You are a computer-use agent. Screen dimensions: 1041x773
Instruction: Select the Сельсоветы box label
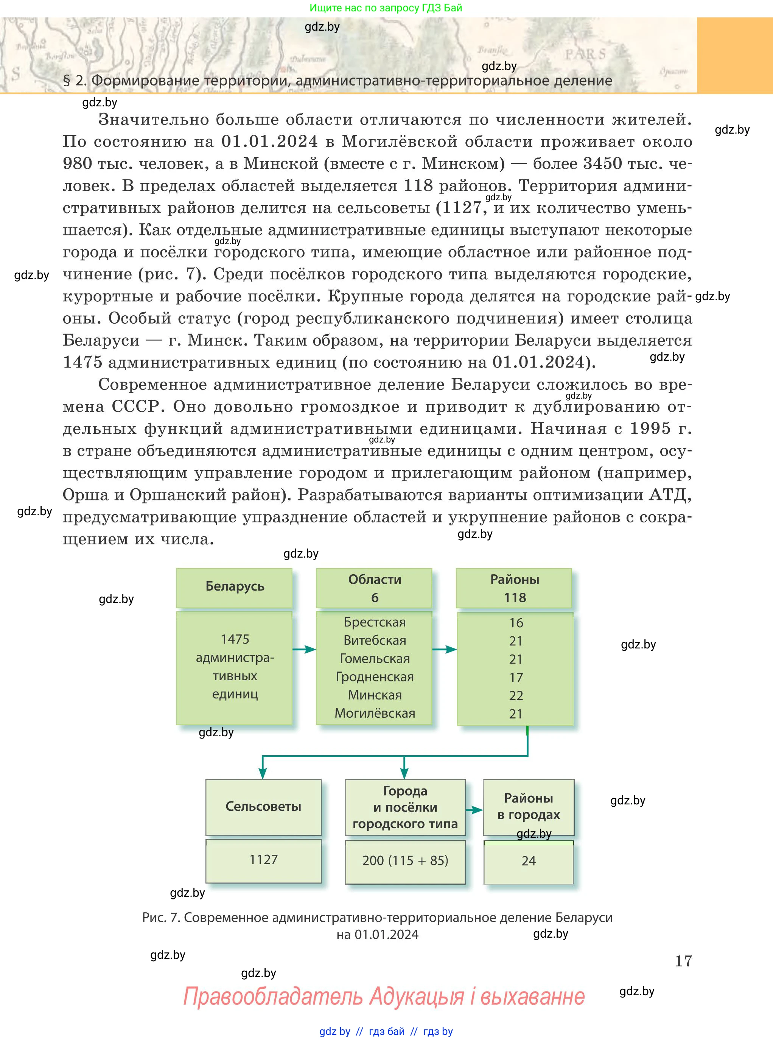[263, 807]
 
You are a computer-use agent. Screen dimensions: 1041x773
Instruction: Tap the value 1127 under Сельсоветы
[263, 859]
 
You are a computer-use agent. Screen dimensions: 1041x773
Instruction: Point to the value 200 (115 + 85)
[405, 860]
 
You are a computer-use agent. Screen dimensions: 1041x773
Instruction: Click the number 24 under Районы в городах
[528, 861]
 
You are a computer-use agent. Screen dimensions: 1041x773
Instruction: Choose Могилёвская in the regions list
[375, 713]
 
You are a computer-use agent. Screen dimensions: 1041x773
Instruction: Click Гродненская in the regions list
[375, 677]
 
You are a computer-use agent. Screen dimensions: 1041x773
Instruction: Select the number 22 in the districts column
[516, 695]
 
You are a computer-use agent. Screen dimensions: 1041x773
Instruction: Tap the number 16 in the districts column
[516, 623]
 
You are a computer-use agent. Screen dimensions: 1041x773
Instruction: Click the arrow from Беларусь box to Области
[304, 649]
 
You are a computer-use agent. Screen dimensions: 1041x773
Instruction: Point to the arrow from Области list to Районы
[445, 649]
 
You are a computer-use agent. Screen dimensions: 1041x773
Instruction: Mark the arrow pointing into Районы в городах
[474, 810]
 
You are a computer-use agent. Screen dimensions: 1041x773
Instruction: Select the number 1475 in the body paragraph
[82, 362]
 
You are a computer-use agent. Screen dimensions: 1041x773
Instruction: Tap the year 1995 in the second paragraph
[650, 428]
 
